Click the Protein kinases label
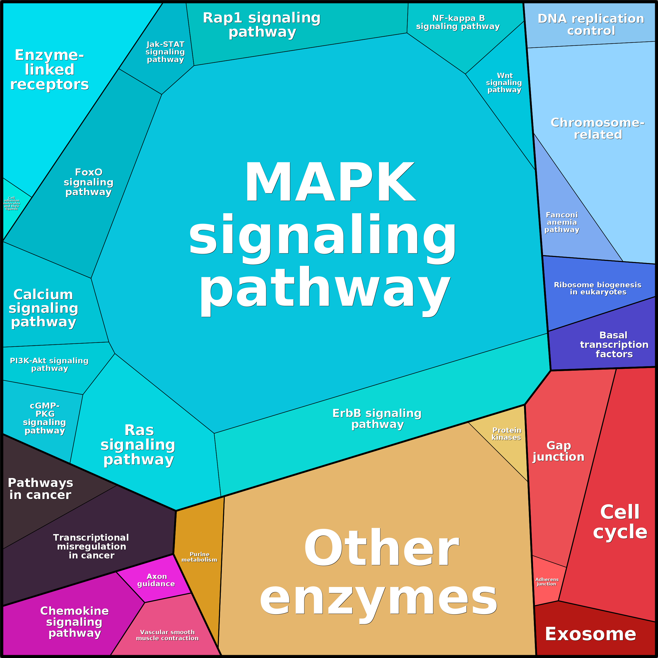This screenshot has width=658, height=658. click(x=506, y=434)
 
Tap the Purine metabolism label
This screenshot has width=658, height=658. click(x=199, y=557)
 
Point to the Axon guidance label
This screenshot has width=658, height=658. click(x=156, y=580)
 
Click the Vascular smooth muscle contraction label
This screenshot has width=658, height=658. click(x=167, y=635)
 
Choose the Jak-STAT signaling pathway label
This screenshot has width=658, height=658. click(x=165, y=52)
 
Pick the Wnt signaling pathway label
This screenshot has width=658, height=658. click(x=504, y=83)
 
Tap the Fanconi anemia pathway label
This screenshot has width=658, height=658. click(x=562, y=222)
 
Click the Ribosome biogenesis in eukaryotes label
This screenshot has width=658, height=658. click(x=598, y=288)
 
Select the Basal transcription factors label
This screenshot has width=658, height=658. click(x=614, y=345)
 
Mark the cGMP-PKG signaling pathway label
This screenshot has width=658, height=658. click(x=45, y=418)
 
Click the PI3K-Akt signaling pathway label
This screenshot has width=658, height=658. click(x=50, y=364)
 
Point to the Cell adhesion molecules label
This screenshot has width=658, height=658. click(x=12, y=203)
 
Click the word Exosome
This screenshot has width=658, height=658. click(x=590, y=634)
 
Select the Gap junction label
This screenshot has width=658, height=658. click(x=558, y=451)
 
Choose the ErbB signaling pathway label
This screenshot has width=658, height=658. click(x=377, y=419)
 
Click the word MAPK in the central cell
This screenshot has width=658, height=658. click(x=330, y=182)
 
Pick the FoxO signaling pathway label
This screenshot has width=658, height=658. click(x=89, y=182)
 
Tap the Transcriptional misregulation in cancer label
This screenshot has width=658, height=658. click(x=91, y=547)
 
